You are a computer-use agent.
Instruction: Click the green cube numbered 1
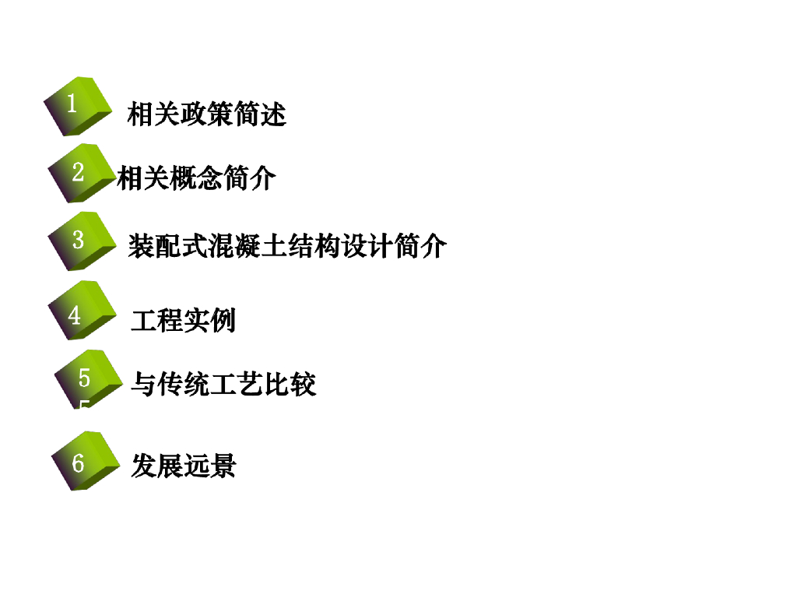78,106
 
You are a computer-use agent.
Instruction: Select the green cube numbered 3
82,241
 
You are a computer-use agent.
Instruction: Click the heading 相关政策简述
206,114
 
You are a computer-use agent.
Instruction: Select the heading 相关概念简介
196,178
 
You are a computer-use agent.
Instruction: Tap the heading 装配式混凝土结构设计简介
287,246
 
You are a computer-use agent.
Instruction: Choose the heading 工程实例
183,320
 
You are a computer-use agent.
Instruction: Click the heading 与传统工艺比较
223,384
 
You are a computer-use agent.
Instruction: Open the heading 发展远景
183,466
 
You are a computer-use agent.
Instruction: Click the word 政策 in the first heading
206,114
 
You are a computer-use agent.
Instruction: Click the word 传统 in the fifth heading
183,384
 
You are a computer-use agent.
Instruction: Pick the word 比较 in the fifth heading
290,384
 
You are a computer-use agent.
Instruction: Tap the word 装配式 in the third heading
167,246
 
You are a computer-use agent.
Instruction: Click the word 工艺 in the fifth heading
236,384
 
